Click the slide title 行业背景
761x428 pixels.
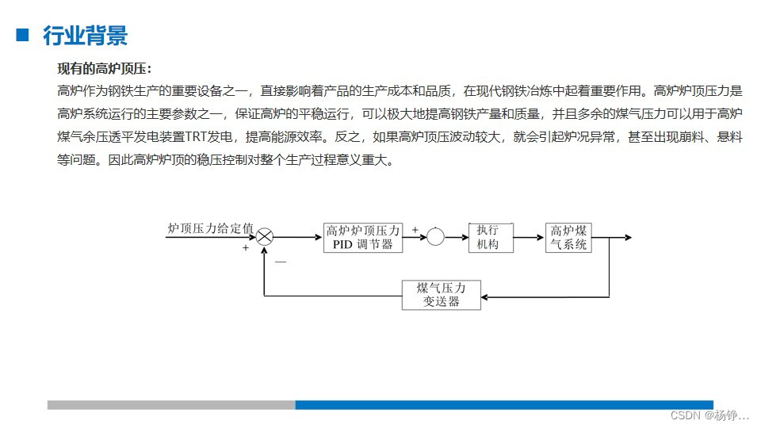tap(85, 36)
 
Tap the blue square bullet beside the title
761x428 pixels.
tap(22, 35)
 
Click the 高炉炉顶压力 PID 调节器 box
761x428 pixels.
tap(363, 238)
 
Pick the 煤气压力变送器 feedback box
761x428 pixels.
tap(440, 295)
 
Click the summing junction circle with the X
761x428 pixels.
tap(265, 237)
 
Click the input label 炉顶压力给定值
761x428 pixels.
tap(210, 228)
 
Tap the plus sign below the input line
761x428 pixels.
tap(246, 248)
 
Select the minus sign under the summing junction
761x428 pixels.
tap(280, 261)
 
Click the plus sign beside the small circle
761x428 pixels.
tap(415, 230)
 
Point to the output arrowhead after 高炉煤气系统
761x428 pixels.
tap(627, 237)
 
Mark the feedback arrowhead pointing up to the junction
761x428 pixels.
tap(265, 250)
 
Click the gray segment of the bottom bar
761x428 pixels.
tap(170, 405)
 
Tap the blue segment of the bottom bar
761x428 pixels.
tap(503, 405)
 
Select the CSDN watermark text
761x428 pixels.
tap(709, 416)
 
